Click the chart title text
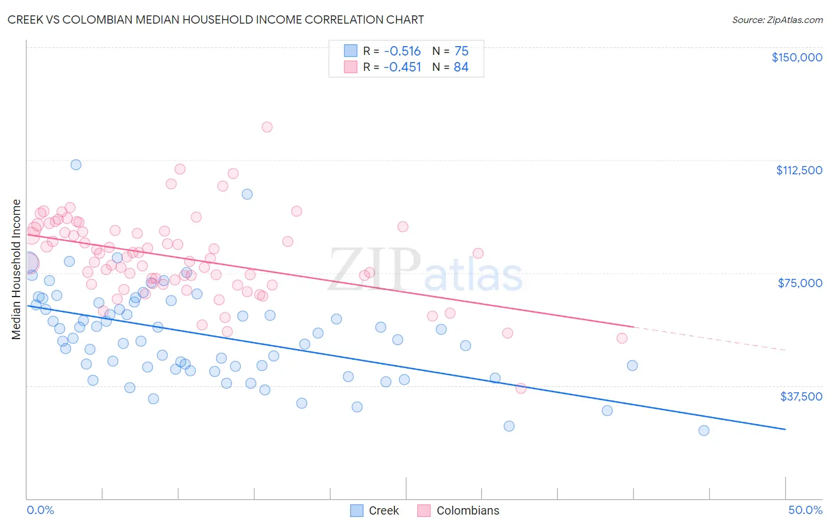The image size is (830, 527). point(215,19)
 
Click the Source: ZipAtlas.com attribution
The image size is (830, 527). point(777,20)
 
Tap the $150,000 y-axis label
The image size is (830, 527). point(796,57)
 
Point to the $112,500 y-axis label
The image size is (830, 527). point(799,170)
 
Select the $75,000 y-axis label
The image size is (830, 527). point(800,283)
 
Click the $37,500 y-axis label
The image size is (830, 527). point(801,396)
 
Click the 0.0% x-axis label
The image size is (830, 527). point(40,510)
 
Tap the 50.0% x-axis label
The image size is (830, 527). point(805,510)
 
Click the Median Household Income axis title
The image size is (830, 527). point(17,269)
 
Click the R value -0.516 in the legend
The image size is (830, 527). point(402,51)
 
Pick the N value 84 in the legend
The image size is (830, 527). point(461,67)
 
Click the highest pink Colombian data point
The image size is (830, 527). point(267,127)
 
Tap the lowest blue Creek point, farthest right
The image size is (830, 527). point(704,431)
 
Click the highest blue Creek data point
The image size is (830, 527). point(76,165)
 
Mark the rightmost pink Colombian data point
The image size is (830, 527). point(622,339)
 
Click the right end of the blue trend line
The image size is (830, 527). point(785,429)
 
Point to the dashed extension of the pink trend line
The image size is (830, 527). point(708,338)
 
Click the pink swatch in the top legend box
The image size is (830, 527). point(351,67)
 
